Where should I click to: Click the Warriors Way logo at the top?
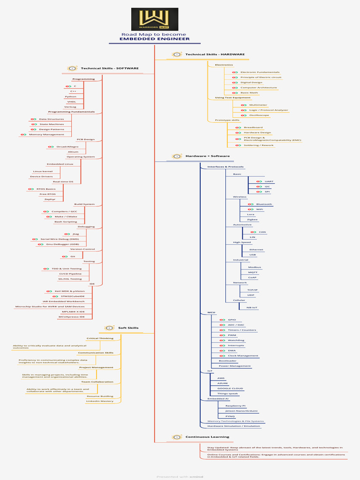pos(154,19)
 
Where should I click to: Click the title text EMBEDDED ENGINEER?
pos(154,39)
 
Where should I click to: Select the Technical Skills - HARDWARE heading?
pos(215,54)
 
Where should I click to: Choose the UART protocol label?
pos(269,181)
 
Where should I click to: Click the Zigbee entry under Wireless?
pos(252,219)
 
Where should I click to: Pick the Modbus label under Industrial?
pos(255,267)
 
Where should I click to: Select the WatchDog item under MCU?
pos(236,340)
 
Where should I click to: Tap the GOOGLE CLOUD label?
pos(230,389)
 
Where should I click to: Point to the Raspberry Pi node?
pos(236,405)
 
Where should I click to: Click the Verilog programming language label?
pos(70,107)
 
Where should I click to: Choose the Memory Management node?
pos(46,135)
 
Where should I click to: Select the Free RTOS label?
pos(47,194)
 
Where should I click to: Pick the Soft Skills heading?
pos(128,328)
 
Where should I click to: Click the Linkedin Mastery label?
pos(100,401)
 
